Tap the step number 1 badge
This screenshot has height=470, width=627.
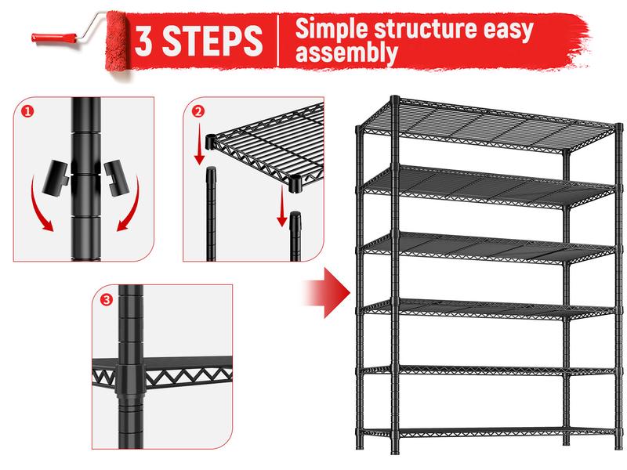click(x=27, y=111)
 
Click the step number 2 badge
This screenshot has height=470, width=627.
click(x=199, y=111)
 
